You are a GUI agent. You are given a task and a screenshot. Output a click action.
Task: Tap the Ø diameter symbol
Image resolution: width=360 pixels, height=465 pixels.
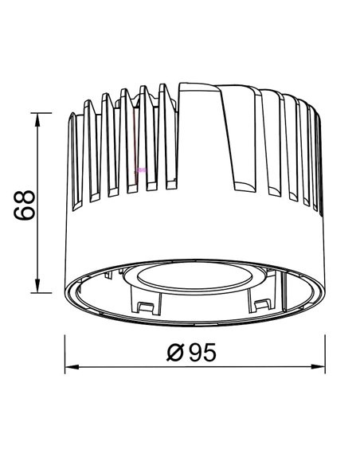[x=178, y=351]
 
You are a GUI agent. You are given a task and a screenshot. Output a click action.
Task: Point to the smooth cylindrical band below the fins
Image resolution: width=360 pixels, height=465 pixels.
[x=191, y=235]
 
